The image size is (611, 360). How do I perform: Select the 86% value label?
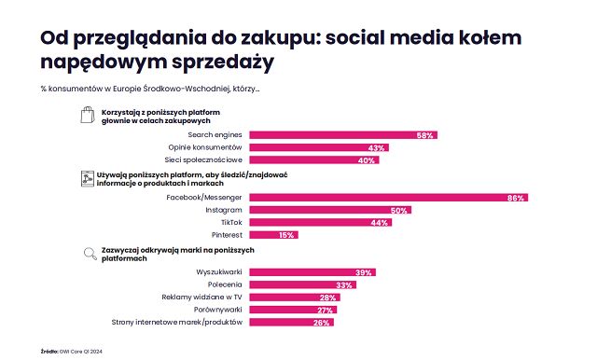517,198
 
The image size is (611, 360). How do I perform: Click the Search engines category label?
215,135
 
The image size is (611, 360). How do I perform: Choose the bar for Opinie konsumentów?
318,148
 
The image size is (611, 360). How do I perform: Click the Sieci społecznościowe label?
204,160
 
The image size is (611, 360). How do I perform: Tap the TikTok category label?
231,223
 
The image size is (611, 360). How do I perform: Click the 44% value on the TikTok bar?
380,223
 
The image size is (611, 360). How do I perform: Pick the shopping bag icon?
86,116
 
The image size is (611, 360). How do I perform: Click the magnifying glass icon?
87,252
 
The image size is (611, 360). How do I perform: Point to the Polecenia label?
224,284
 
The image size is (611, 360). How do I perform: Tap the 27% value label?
326,310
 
